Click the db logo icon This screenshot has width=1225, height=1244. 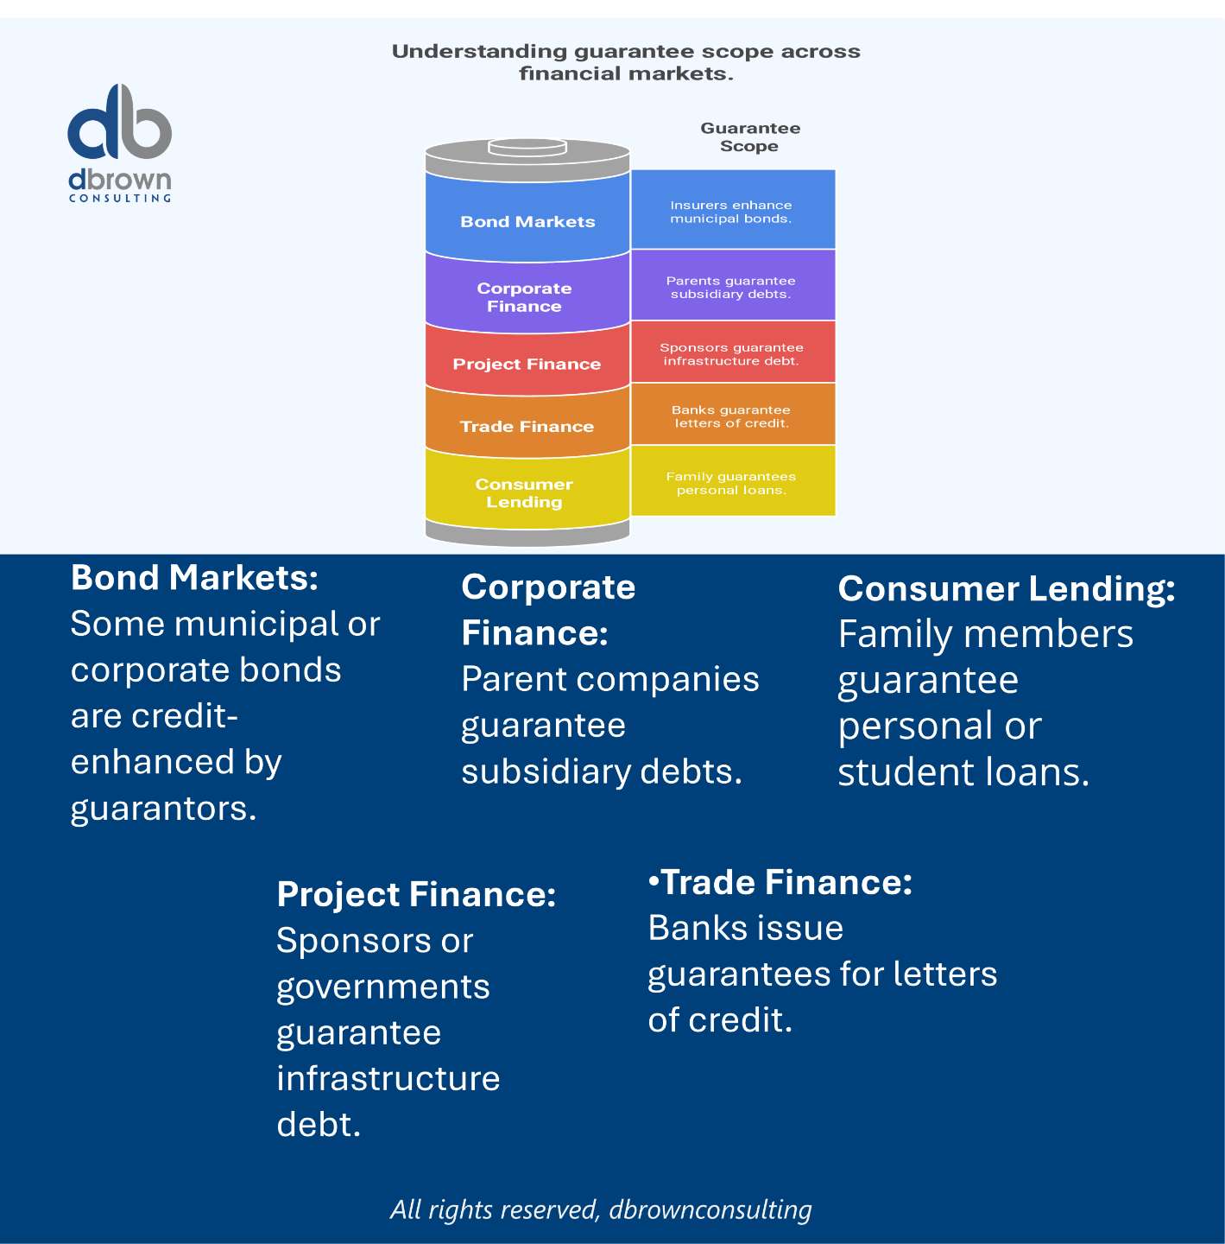119,122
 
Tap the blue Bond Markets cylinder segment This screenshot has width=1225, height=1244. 527,216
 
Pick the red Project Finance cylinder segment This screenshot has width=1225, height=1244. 527,360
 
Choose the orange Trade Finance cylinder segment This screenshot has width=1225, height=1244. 527,423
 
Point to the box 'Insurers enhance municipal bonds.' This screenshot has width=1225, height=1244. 733,210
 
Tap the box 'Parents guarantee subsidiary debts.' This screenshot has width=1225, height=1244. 733,286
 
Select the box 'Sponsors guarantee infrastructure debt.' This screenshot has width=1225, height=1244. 733,352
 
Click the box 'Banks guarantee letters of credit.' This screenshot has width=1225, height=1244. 733,416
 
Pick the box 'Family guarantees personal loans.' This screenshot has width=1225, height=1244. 733,482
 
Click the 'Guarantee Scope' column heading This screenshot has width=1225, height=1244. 750,137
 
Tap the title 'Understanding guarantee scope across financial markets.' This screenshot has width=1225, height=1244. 626,62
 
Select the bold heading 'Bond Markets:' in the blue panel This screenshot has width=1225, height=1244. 194,578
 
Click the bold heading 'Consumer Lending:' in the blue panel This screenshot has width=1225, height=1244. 1007,588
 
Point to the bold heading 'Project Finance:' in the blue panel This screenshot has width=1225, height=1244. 416,894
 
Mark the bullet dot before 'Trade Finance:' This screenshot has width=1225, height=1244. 654,882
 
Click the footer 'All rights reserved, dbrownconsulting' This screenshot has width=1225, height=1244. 601,1209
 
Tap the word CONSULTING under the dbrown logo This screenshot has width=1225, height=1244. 120,199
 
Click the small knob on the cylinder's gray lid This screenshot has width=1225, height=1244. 527,147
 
